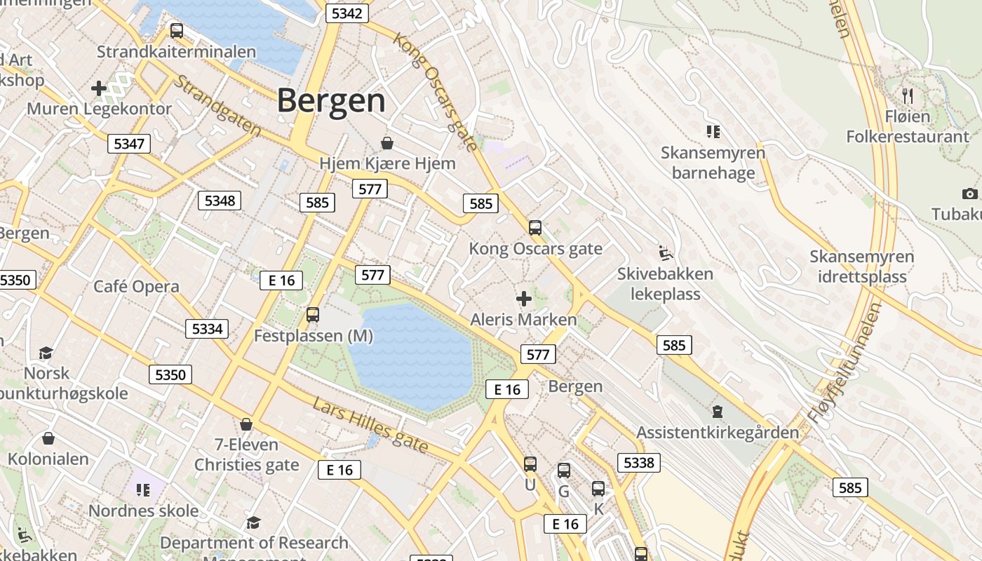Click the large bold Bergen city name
point(331,101)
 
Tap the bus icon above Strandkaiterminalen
point(177,31)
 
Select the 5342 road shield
point(347,13)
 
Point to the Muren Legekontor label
point(99,109)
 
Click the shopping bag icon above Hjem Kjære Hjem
point(386,143)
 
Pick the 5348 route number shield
point(220,201)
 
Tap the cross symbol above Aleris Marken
point(523,299)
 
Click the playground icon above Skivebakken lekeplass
point(665,252)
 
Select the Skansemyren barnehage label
point(713,163)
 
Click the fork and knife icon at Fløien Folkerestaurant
point(908,95)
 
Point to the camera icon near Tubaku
point(969,194)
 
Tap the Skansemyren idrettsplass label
point(862,266)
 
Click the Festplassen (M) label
point(313,336)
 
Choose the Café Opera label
point(136,286)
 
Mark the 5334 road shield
point(207,328)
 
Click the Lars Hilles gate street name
point(370,426)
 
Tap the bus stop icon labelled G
point(564,471)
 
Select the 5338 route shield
point(638,462)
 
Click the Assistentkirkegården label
point(717,432)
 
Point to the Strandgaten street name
point(217,106)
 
